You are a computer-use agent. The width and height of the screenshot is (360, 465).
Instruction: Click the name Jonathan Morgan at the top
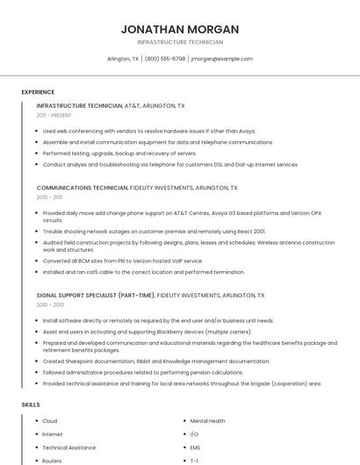[180, 29]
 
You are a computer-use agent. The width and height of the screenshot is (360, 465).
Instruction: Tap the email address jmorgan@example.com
[221, 59]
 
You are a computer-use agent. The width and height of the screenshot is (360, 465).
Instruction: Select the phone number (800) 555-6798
[165, 59]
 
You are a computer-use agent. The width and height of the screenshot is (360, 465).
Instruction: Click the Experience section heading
[38, 92]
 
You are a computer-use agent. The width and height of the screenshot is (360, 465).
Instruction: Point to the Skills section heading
[31, 404]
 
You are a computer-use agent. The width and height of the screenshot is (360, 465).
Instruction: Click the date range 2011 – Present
[54, 115]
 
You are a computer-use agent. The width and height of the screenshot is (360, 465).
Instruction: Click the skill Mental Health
[207, 421]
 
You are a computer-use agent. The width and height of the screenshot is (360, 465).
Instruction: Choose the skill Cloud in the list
[50, 421]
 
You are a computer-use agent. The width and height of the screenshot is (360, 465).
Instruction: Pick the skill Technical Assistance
[69, 447]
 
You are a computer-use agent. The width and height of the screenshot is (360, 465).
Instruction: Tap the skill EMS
[195, 447]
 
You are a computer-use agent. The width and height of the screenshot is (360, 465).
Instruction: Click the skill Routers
[52, 461]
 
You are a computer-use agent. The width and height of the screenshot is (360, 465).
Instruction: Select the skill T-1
[194, 461]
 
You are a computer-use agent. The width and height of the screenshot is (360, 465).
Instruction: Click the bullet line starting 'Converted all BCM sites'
[123, 261]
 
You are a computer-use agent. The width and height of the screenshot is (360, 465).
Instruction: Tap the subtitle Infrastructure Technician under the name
[180, 42]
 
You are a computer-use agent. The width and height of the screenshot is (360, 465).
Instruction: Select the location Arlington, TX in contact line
[123, 59]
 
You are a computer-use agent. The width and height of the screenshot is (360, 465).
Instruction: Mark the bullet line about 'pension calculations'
[143, 372]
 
